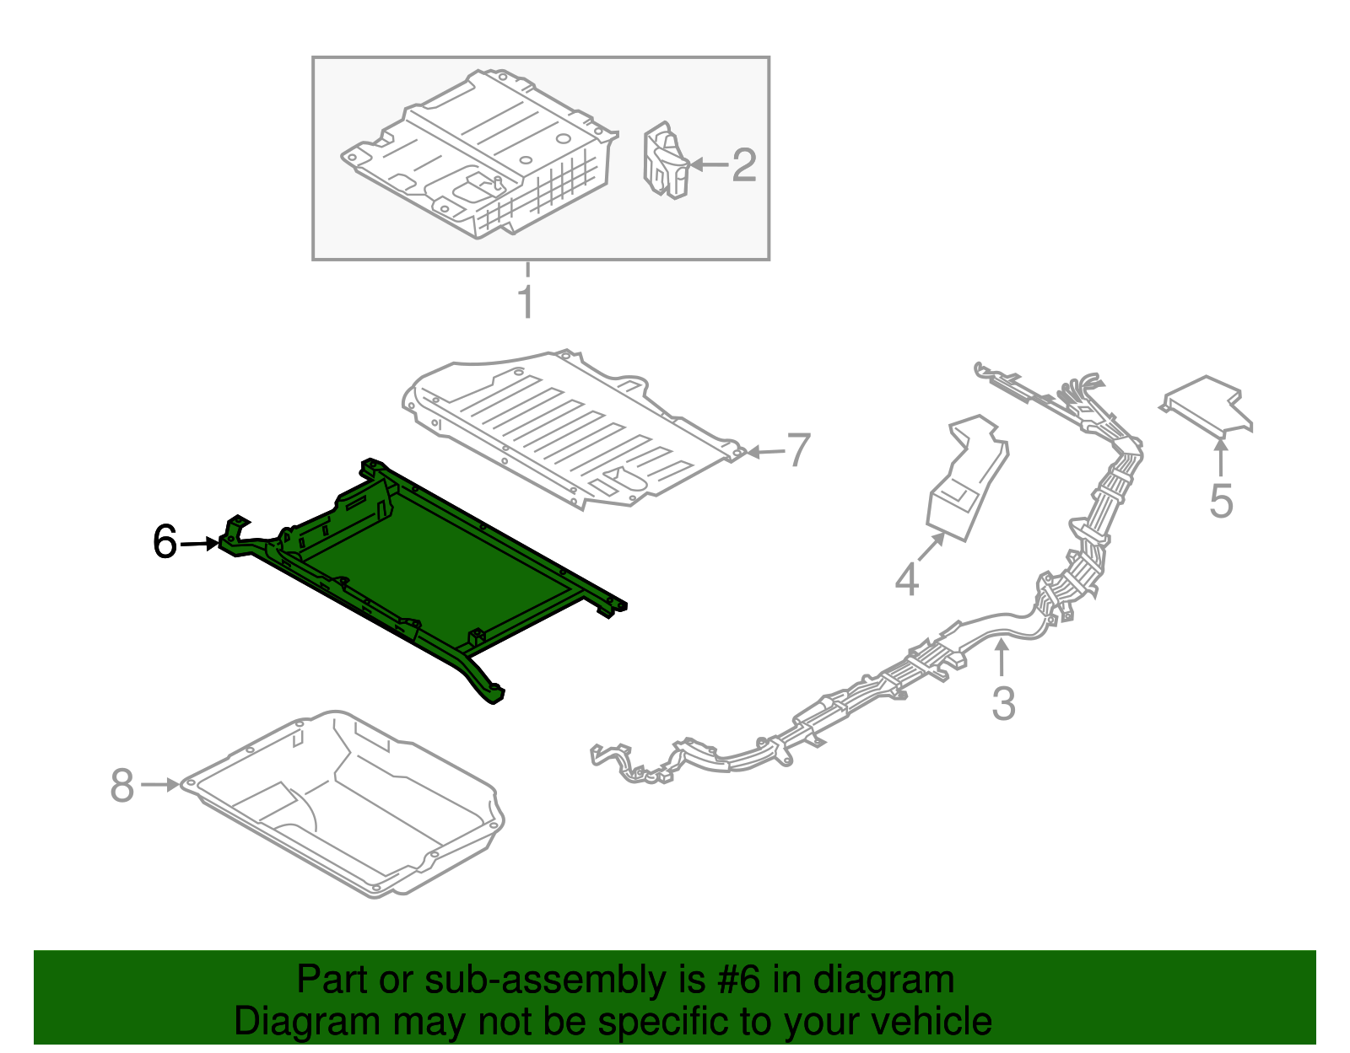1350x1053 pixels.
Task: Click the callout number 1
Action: coord(526,302)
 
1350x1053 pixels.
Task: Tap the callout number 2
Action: coord(743,165)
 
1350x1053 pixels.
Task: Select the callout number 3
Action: coord(1002,703)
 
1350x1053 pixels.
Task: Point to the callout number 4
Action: coord(906,580)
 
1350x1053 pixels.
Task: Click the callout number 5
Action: coord(1220,502)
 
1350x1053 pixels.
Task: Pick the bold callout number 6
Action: coord(165,542)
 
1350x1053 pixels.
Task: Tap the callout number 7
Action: coord(798,451)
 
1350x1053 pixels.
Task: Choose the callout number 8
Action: coord(122,786)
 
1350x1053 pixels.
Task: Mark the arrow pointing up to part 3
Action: coord(1002,658)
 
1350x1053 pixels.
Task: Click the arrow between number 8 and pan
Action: coord(159,785)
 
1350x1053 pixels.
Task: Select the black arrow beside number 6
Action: coord(200,544)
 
